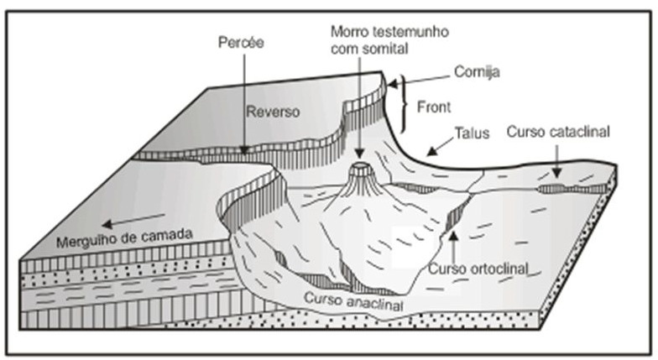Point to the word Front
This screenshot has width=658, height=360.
[x=434, y=107]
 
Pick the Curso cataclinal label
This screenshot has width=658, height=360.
[x=557, y=132]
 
